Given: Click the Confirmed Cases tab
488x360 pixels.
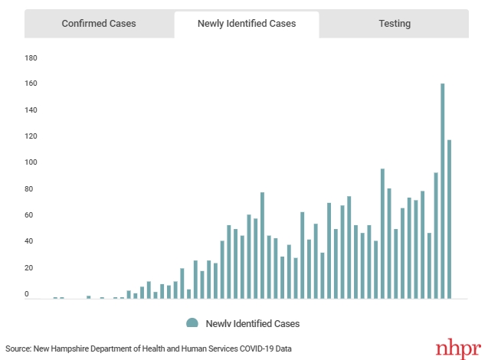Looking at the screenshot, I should [x=99, y=24].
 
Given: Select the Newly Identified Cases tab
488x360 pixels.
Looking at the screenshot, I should [x=247, y=24].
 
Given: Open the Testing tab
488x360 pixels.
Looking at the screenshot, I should [x=395, y=24].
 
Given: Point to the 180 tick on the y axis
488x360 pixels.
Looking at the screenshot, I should [x=31, y=58].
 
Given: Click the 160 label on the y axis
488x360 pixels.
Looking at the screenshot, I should [x=31, y=84].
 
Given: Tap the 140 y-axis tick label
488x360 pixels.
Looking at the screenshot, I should [x=31, y=110].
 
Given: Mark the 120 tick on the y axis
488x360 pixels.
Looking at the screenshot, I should [x=31, y=136].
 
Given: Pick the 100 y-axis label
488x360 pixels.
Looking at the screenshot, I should [x=31, y=163].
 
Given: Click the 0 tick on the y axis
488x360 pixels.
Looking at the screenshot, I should [x=27, y=294].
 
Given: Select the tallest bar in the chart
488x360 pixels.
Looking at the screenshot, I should [x=443, y=191].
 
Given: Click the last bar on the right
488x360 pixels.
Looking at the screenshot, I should [x=450, y=219].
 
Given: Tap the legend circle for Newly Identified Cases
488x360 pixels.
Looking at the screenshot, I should [x=192, y=323].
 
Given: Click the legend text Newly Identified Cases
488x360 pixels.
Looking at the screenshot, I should [x=253, y=323].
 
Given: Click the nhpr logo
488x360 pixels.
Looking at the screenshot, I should [x=458, y=349].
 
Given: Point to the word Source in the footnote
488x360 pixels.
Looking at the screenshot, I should [x=18, y=349].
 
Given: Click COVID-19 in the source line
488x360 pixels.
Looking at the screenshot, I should [x=255, y=349].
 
